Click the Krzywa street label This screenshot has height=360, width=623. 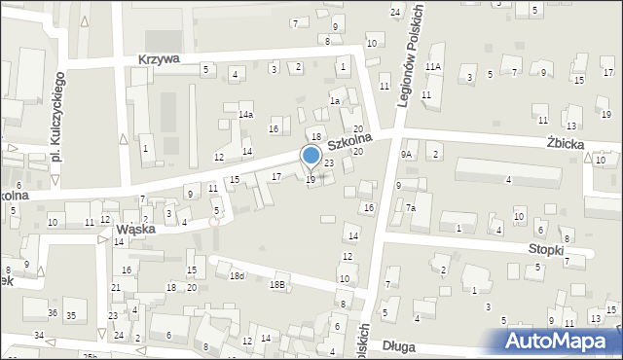coord(159,59)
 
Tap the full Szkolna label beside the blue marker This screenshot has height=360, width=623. coord(350,141)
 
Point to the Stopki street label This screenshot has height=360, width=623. coord(546,248)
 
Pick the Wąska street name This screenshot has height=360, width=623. coord(136,230)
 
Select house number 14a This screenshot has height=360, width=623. coord(246,115)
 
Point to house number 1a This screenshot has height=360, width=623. coord(334,100)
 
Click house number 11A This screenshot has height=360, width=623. coord(433,66)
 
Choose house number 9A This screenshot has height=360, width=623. coord(409,154)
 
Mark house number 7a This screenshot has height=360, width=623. coord(411,208)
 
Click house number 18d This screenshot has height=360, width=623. coord(237,276)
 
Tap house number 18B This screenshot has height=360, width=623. coord(277,284)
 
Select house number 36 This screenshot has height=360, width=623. coord(53,312)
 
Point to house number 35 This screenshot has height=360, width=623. coord(71,316)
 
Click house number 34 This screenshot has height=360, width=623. coord(39,336)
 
